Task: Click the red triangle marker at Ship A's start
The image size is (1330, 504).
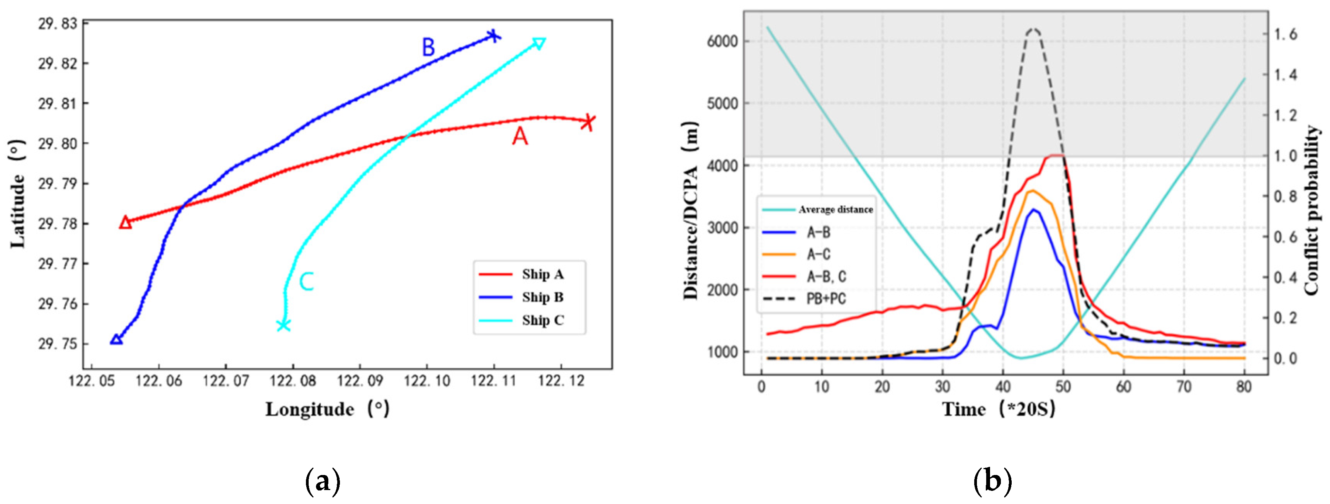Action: pyautogui.click(x=125, y=222)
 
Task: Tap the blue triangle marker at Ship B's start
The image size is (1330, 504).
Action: pyautogui.click(x=116, y=340)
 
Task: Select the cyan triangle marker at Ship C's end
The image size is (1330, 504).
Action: pyautogui.click(x=539, y=43)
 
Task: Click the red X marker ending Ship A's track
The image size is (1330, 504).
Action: pyautogui.click(x=588, y=122)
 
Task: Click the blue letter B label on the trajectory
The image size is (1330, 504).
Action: pyautogui.click(x=428, y=47)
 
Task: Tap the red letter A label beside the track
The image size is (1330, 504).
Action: pyautogui.click(x=520, y=137)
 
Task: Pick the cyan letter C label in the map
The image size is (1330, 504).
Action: pyautogui.click(x=307, y=282)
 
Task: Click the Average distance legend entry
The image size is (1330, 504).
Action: pyautogui.click(x=818, y=209)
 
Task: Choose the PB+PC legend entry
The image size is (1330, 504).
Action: pyautogui.click(x=805, y=299)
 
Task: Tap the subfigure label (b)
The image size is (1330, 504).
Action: pyautogui.click(x=992, y=481)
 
